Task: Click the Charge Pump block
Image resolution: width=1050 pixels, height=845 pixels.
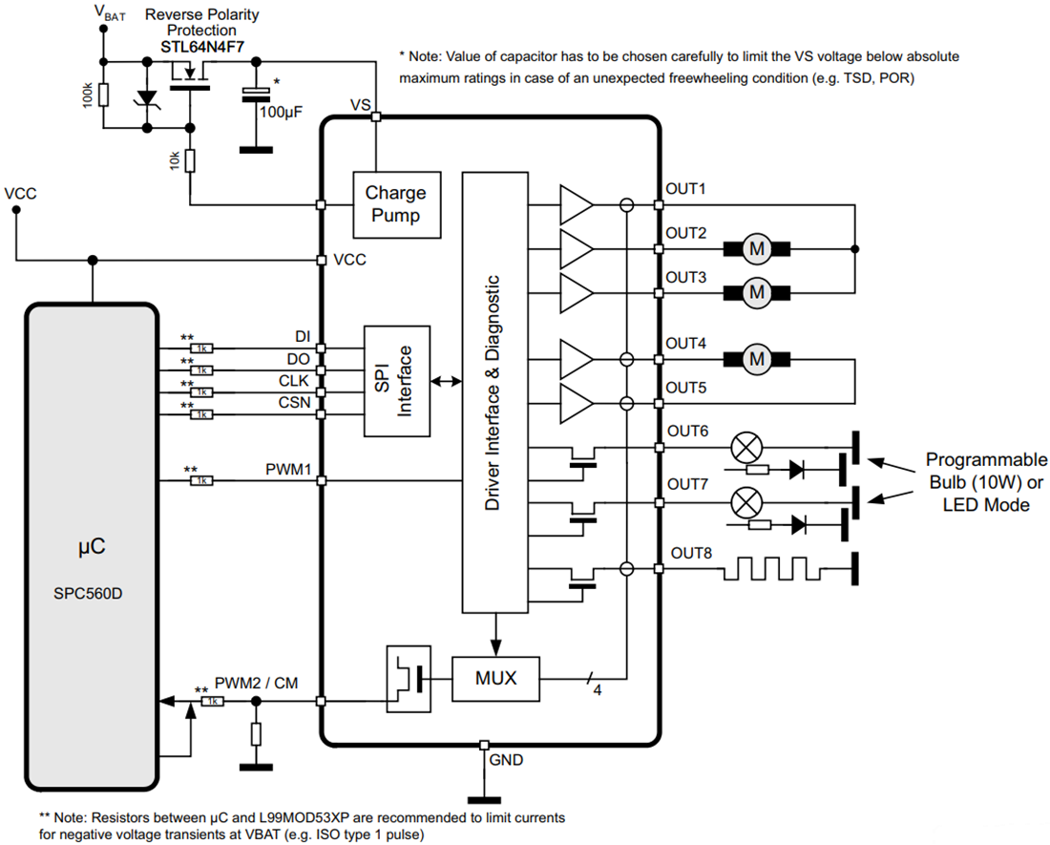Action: click(395, 203)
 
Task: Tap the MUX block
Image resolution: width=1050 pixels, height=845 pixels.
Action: click(495, 678)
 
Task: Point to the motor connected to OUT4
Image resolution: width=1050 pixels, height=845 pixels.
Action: click(757, 359)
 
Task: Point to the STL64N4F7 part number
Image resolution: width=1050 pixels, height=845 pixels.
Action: click(201, 45)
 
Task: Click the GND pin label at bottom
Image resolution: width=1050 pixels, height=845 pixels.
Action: click(506, 760)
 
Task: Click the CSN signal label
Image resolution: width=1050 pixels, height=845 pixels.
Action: click(294, 403)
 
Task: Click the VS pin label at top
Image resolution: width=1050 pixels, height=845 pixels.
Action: click(360, 104)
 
